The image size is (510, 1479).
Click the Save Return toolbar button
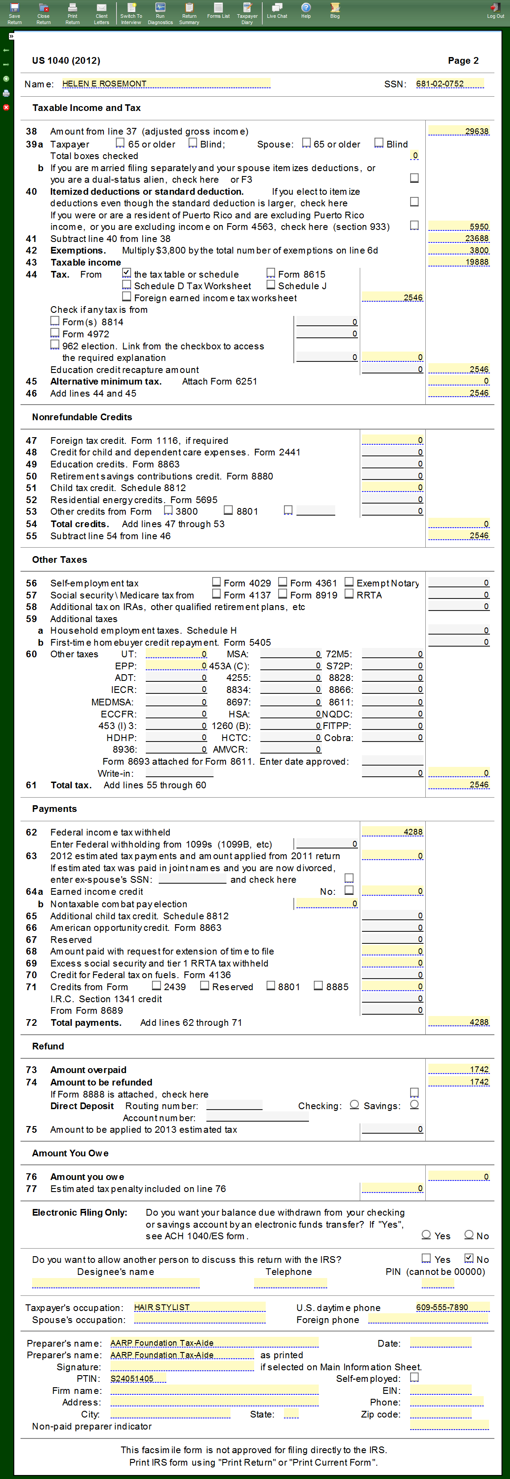tap(14, 12)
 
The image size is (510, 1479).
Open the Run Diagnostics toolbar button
tap(160, 12)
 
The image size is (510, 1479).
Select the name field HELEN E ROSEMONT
tap(165, 84)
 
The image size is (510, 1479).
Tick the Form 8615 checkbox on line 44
tap(271, 273)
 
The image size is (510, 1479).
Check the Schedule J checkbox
tap(271, 285)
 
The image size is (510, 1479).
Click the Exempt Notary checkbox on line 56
tap(349, 582)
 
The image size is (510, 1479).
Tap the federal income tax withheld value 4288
tap(392, 832)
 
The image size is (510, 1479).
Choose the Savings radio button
tap(415, 1105)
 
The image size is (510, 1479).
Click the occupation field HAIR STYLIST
tap(199, 1307)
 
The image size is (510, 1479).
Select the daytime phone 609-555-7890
tap(452, 1307)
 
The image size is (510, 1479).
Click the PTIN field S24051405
tap(138, 1379)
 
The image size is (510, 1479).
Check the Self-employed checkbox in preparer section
tap(415, 1377)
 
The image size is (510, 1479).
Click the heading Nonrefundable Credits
tap(82, 417)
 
